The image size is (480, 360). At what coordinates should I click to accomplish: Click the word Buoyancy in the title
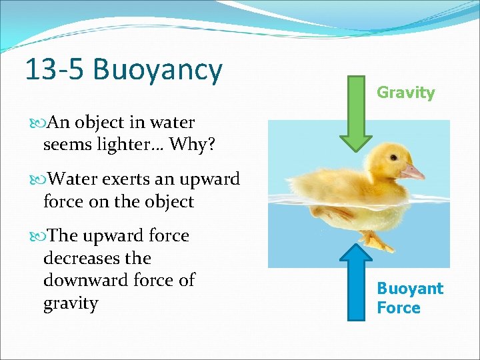coord(158,69)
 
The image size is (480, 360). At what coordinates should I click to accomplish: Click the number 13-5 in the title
coord(56,69)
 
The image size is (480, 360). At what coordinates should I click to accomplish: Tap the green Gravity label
coord(405,93)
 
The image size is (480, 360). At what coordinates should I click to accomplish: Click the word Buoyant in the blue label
coord(409,289)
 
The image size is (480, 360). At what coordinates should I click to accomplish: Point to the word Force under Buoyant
coord(398,308)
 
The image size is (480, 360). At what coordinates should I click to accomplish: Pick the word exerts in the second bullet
coord(135,179)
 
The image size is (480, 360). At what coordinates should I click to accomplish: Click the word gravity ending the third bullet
coord(70,303)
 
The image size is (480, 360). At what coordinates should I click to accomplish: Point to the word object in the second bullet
coord(164,201)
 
